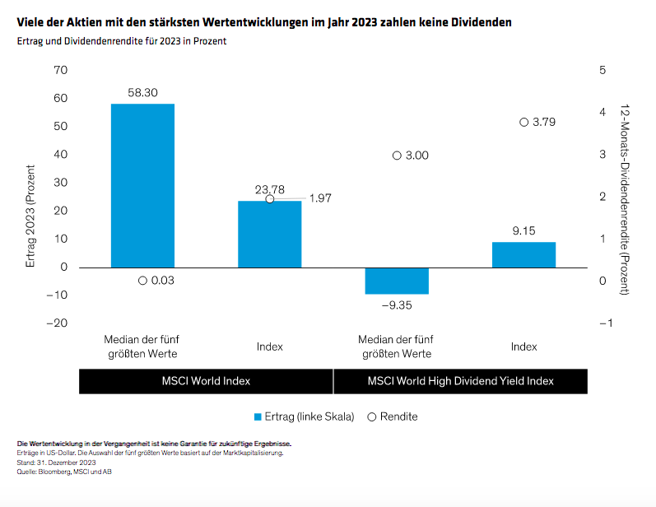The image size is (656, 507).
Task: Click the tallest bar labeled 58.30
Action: point(142,185)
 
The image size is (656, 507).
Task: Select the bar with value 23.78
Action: point(270,234)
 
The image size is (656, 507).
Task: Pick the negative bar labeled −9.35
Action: point(397,281)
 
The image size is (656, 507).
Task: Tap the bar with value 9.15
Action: point(523,254)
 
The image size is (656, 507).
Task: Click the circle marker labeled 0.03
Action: point(142,281)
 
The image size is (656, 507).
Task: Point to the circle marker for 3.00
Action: point(397,156)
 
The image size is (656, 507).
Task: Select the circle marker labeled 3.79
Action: point(523,122)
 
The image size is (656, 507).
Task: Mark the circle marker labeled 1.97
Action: point(270,199)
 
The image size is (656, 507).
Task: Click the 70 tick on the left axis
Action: point(59,71)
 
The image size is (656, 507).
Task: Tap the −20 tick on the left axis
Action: point(56,323)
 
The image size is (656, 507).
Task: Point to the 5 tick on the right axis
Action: point(602,71)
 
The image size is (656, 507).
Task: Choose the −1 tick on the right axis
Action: point(605,323)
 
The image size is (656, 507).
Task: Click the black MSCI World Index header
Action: point(206,381)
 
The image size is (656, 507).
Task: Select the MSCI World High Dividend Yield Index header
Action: point(460,381)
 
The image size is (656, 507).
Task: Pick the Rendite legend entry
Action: point(393,416)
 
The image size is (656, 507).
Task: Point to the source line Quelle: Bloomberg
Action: point(58,471)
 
